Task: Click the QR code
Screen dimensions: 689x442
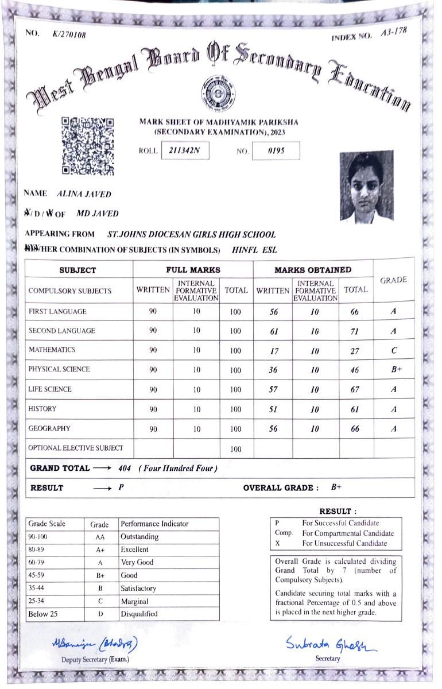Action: [x=88, y=145]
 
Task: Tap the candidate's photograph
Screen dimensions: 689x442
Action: [x=366, y=187]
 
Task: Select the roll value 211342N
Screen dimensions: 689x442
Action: [x=185, y=151]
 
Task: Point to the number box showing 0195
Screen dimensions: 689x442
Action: [x=276, y=151]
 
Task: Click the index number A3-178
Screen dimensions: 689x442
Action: [x=394, y=32]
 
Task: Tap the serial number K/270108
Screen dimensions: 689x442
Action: [x=69, y=35]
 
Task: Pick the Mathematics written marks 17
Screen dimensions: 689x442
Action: [x=273, y=351]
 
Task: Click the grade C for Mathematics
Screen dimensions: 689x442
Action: [x=394, y=350]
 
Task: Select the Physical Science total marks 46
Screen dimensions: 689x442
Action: [x=354, y=370]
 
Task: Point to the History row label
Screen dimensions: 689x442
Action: [x=42, y=409]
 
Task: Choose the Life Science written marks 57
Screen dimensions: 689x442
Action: [x=273, y=390]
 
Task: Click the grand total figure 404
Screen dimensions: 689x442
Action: [x=125, y=469]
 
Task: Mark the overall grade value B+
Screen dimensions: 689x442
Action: [x=336, y=487]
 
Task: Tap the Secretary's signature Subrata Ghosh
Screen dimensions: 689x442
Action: [x=331, y=644]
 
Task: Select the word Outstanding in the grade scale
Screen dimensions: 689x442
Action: [x=139, y=537]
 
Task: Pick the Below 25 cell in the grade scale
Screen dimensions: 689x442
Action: [x=44, y=614]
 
